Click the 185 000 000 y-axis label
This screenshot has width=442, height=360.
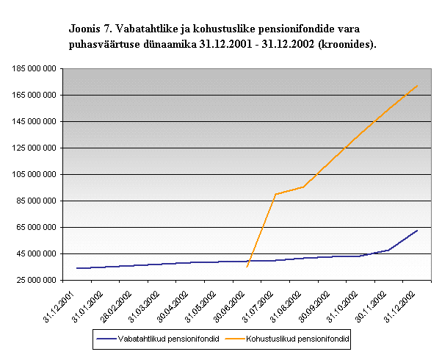(x=35, y=68)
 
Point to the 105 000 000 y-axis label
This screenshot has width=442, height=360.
(x=35, y=174)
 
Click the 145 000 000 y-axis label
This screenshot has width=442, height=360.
(x=35, y=121)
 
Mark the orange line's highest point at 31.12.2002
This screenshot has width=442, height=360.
(x=417, y=85)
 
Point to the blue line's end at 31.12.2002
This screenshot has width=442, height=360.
(x=417, y=231)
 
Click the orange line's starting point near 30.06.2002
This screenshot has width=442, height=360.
(x=247, y=267)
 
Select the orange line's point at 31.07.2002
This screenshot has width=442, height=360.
(x=275, y=194)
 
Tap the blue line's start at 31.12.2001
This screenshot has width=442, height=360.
(x=76, y=268)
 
